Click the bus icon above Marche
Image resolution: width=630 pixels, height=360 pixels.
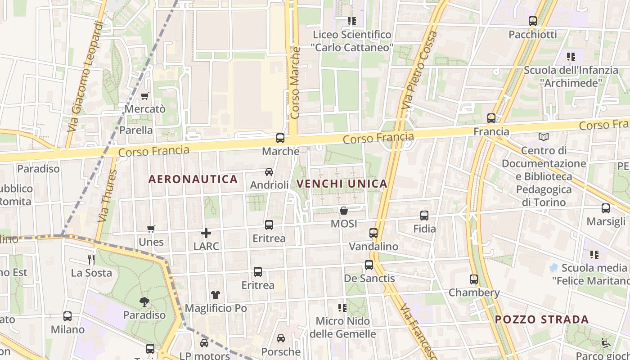280,138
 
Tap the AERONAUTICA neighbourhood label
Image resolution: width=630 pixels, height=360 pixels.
193,179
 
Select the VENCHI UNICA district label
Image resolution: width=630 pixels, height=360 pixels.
342,184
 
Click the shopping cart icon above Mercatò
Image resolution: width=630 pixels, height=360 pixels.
144,96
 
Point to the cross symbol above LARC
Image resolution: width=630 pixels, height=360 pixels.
206,233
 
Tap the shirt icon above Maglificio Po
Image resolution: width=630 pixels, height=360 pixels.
216,295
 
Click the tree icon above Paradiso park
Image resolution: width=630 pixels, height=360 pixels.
144,301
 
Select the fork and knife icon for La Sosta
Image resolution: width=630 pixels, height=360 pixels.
91,259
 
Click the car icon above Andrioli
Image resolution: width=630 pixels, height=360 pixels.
269,172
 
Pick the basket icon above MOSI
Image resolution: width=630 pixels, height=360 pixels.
344,211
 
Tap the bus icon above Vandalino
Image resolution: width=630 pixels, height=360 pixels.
373,233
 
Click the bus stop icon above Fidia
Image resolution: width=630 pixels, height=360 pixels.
424,216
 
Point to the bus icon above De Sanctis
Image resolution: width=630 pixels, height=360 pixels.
369,265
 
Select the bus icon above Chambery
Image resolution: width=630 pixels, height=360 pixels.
474,279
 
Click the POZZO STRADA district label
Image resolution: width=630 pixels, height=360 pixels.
542,320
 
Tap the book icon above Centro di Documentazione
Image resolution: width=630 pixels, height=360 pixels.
544,137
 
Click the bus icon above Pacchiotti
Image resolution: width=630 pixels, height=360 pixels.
533,21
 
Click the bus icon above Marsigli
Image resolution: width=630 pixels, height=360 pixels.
606,208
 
